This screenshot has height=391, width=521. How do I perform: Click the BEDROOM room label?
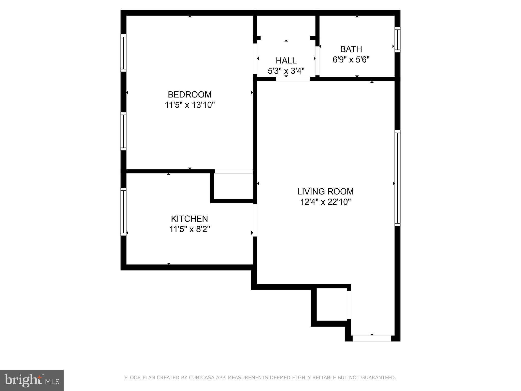(x=190, y=94)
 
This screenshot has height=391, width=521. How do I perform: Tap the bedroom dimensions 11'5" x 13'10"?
(x=190, y=105)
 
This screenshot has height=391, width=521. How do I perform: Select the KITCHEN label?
(x=189, y=219)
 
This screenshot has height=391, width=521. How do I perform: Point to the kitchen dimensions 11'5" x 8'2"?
(x=190, y=229)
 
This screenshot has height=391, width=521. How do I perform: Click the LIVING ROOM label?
(x=325, y=191)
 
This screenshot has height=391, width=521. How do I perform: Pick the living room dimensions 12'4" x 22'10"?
(x=325, y=202)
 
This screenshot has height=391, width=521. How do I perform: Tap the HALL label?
(x=286, y=61)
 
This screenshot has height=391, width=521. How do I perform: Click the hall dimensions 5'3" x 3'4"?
(x=286, y=71)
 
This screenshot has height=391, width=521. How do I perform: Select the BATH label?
(x=351, y=49)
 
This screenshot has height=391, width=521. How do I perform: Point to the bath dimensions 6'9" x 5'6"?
(x=351, y=60)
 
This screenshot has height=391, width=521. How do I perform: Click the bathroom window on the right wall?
(x=397, y=40)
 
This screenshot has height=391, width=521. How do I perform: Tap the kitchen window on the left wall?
(x=123, y=212)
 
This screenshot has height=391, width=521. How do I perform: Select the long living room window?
(x=397, y=178)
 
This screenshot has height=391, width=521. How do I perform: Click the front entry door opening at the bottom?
(x=372, y=338)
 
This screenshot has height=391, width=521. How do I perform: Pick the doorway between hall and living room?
(x=293, y=79)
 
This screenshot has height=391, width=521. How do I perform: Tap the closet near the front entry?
(x=331, y=304)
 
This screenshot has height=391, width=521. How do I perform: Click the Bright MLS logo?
(x=32, y=381)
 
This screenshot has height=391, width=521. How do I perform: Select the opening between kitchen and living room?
(x=255, y=220)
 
